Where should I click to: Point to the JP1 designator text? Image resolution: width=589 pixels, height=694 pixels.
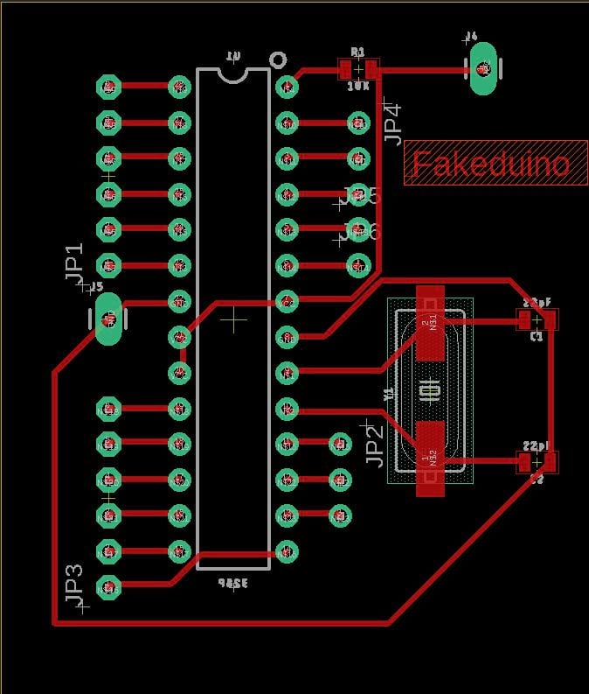pyautogui.click(x=75, y=261)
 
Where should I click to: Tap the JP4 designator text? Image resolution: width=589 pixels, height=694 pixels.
pyautogui.click(x=392, y=123)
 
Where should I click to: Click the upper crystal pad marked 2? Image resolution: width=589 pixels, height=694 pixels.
pyautogui.click(x=429, y=324)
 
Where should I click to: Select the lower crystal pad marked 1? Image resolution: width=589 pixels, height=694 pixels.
pyautogui.click(x=429, y=458)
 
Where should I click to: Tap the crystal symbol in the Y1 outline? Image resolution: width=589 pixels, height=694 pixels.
pyautogui.click(x=429, y=390)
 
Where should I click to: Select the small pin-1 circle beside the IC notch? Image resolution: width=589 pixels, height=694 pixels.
pyautogui.click(x=278, y=60)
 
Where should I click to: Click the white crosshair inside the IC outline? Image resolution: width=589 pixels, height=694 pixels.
pyautogui.click(x=233, y=319)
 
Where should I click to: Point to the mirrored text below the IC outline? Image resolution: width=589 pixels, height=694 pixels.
pyautogui.click(x=232, y=583)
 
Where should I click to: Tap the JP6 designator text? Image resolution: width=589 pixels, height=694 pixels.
pyautogui.click(x=363, y=232)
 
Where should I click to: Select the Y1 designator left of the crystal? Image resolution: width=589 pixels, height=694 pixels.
pyautogui.click(x=389, y=395)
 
